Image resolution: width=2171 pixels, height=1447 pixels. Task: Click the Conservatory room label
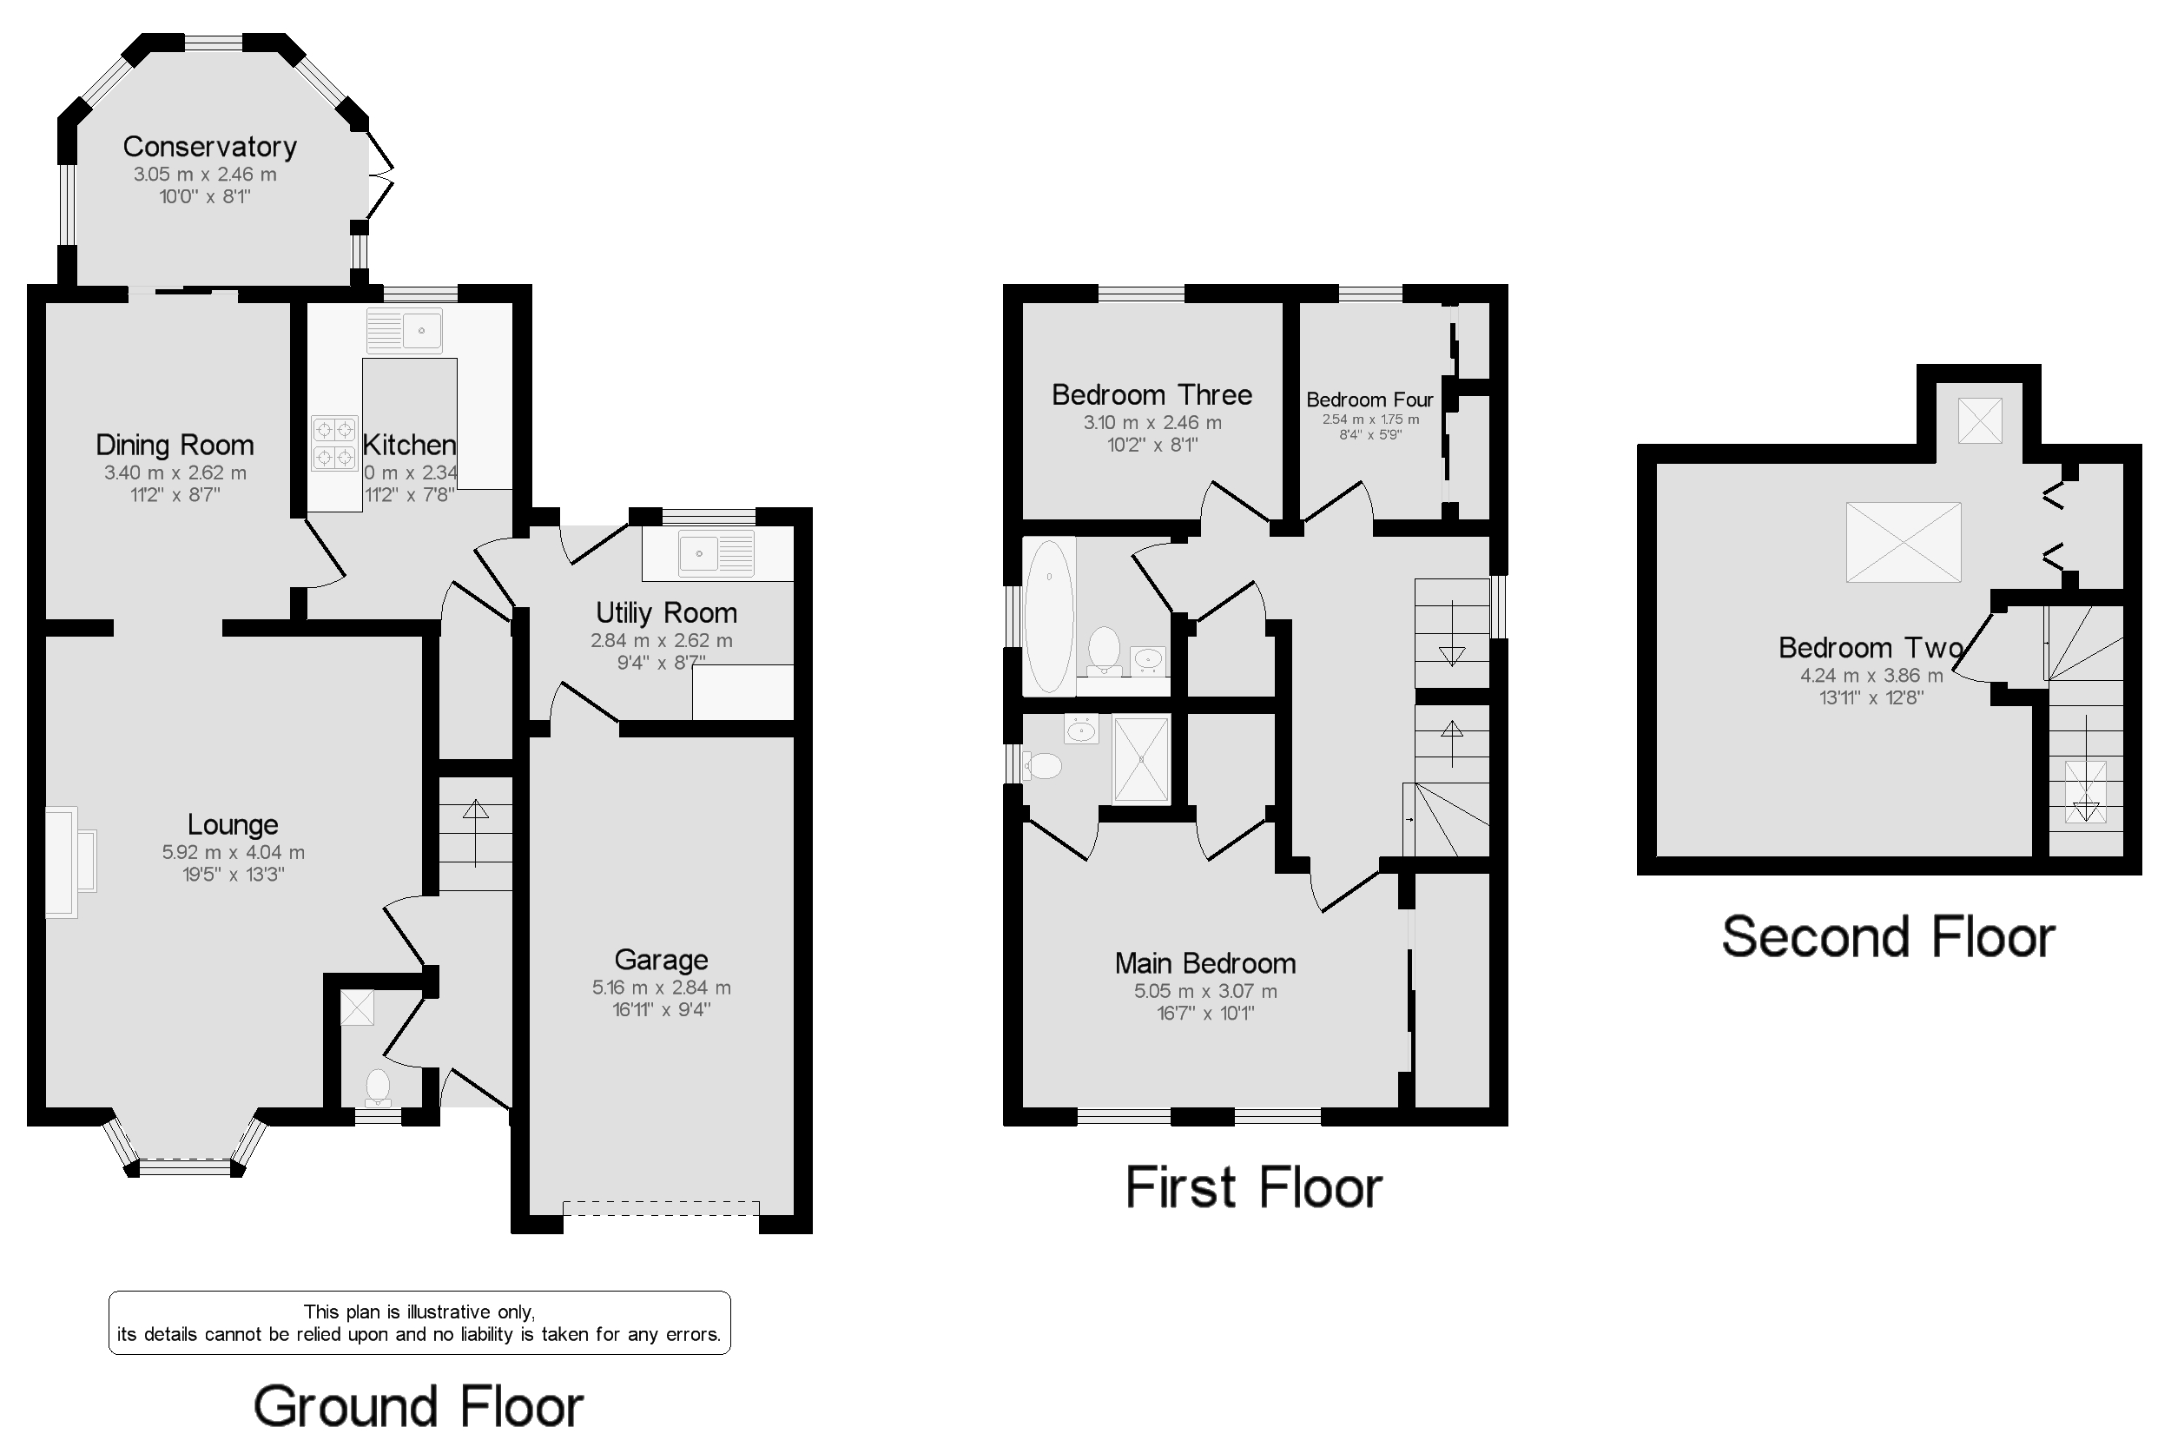(209, 147)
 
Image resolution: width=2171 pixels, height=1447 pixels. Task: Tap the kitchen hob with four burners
(333, 443)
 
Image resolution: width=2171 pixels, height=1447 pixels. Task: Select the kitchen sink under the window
(404, 330)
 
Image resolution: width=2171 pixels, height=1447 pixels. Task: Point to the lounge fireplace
(69, 862)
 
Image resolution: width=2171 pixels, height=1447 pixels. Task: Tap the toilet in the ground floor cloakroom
(378, 1087)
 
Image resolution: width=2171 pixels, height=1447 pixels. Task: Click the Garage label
(661, 961)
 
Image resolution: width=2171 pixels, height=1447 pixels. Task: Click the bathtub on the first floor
(1048, 616)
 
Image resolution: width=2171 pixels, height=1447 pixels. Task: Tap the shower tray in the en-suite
(1141, 758)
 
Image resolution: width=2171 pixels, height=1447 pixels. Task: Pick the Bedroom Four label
(1369, 400)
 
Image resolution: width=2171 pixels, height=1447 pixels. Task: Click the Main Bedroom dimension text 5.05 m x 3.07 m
(1205, 991)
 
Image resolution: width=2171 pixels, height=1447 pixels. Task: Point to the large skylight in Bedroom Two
(1903, 542)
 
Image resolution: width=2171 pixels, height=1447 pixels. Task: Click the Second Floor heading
(1888, 938)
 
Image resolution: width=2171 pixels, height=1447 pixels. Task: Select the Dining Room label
(175, 446)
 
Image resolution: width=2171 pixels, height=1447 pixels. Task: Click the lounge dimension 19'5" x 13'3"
(234, 875)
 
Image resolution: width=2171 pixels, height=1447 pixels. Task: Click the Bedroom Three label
(1151, 395)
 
